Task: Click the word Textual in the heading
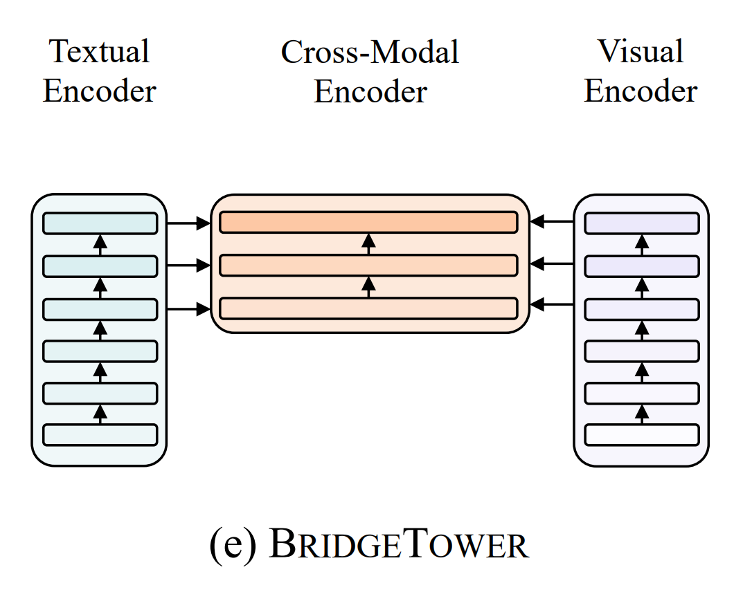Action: (100, 52)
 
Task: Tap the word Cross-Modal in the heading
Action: (370, 52)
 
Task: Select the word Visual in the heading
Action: (641, 52)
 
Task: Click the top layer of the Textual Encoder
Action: (100, 223)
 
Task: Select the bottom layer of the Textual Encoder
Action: (100, 435)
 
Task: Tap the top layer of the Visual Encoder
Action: (642, 223)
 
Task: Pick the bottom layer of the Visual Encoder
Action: (642, 435)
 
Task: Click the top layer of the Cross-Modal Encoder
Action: (368, 222)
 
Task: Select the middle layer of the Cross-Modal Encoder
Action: (368, 265)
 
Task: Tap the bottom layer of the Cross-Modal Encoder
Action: (368, 308)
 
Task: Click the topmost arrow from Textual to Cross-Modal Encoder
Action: (188, 223)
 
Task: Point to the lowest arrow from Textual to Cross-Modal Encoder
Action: (188, 308)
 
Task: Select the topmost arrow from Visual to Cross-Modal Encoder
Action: (552, 222)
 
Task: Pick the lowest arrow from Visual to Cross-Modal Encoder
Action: (552, 304)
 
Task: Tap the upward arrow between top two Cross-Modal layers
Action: (368, 243)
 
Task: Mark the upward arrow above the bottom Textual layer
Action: (100, 414)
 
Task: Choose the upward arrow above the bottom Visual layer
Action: (642, 414)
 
